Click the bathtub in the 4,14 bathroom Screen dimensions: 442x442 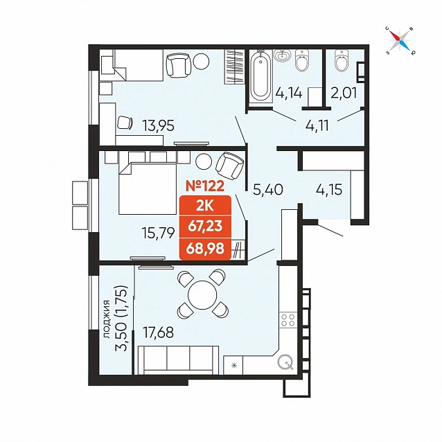coord(261,76)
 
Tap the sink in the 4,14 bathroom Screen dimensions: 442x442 coord(283,55)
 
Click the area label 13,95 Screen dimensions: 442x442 coord(159,125)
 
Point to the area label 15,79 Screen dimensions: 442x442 coord(159,233)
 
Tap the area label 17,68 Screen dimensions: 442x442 coord(159,333)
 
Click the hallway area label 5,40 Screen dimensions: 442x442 coord(268,190)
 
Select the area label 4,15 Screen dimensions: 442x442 coord(329,189)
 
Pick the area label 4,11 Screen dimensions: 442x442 coord(317,125)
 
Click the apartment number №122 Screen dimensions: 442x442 coord(205,186)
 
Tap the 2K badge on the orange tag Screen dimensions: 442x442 coord(205,206)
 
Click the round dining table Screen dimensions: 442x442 coord(202,295)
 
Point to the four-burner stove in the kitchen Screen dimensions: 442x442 coord(288,319)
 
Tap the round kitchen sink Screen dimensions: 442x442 coord(285,362)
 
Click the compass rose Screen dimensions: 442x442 coord(400,40)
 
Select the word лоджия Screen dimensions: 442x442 coord(107,319)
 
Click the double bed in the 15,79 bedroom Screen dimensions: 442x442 coord(147,188)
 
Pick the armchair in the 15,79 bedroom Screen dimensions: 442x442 coord(230,166)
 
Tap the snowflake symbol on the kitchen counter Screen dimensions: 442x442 coord(234,366)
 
